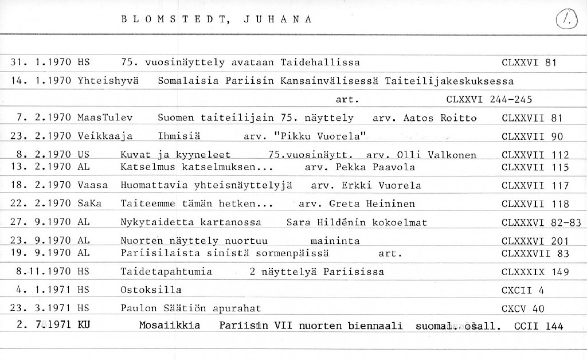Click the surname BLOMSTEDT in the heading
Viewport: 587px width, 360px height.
173,19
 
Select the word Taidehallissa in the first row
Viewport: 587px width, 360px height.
320,62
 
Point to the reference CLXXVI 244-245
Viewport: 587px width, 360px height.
489,100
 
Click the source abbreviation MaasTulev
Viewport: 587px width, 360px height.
105,118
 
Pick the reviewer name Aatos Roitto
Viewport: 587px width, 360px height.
440,118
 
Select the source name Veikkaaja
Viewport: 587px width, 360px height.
105,136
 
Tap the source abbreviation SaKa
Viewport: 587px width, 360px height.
89,204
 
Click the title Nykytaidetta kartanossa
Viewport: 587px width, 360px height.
191,222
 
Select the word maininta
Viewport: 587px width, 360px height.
335,241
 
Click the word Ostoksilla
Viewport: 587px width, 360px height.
151,290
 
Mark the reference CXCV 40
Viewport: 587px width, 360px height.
522,309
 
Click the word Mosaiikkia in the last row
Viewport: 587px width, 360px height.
170,326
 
